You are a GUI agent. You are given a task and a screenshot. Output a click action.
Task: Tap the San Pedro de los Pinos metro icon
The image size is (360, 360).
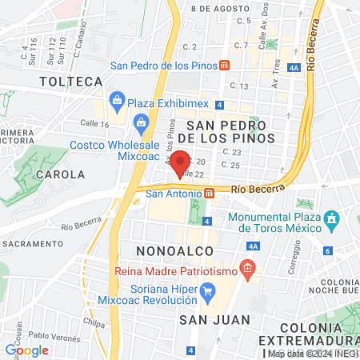click(x=226, y=65)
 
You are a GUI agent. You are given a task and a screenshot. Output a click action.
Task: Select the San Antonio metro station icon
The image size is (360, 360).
click(x=209, y=193)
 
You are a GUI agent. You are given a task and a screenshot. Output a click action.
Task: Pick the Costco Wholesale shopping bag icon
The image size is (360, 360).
click(x=142, y=122)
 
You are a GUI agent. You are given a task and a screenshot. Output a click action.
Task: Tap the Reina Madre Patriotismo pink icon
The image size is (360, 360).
click(x=248, y=268)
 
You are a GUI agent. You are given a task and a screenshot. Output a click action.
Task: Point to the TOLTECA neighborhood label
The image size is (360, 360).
click(x=72, y=82)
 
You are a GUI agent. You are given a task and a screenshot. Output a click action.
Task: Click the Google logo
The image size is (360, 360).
click(x=27, y=350)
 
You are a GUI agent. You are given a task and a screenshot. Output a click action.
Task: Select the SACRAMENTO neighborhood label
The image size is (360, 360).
click(x=31, y=243)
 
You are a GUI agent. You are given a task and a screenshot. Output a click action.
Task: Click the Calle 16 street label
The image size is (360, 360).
click(x=94, y=124)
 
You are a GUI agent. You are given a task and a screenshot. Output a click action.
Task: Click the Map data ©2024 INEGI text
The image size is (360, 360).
click(x=314, y=354)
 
